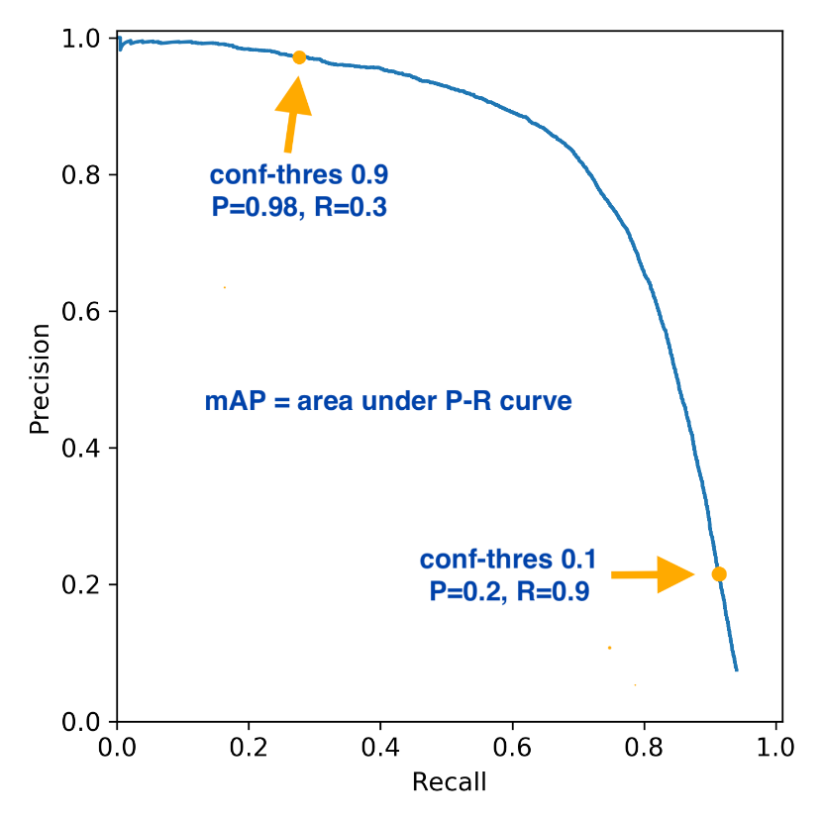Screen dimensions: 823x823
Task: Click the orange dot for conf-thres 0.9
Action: (x=299, y=57)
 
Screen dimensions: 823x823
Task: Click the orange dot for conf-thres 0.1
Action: (x=719, y=574)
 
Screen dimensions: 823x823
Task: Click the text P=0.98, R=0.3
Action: (x=298, y=208)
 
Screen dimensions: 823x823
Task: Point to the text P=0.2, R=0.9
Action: (x=510, y=592)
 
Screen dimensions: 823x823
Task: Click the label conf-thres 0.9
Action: (x=298, y=176)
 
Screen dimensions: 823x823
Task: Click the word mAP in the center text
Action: (x=229, y=402)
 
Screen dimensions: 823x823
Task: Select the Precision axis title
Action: (x=40, y=379)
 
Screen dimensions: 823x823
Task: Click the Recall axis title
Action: (x=449, y=782)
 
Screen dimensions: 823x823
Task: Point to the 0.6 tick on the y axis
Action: (x=88, y=312)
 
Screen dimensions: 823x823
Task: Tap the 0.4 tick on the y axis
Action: (x=88, y=449)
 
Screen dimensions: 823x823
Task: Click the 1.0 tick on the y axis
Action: (x=88, y=39)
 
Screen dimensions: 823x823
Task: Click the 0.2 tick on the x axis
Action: (x=249, y=745)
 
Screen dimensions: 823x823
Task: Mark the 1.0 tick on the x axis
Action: (x=775, y=745)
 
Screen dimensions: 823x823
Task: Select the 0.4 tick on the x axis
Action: (x=380, y=745)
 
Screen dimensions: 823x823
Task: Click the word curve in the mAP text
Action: (x=542, y=402)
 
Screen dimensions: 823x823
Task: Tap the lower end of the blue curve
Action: (x=736, y=669)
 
